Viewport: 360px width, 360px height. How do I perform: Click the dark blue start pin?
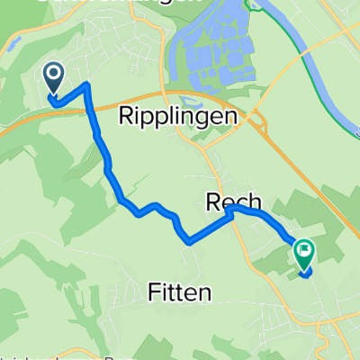[x=54, y=79]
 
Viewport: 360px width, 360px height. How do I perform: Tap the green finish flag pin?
[x=303, y=256]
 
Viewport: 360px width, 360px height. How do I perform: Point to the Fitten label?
[x=180, y=292]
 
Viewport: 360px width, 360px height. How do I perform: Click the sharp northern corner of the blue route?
[x=87, y=85]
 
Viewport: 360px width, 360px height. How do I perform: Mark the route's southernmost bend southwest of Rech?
[x=188, y=241]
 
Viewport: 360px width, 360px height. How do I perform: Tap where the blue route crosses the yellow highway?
[x=93, y=108]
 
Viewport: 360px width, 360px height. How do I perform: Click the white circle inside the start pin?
[x=54, y=75]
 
